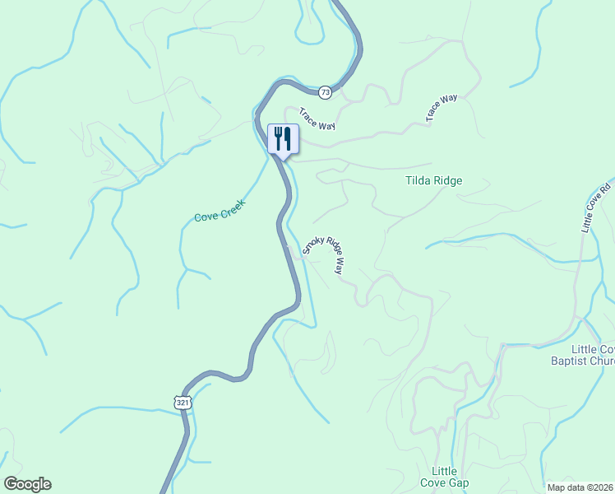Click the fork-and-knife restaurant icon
tap(283, 137)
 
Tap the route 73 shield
tap(326, 92)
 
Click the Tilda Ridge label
tap(433, 180)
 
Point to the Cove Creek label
tap(220, 210)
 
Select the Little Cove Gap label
tap(444, 477)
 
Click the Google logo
tap(27, 484)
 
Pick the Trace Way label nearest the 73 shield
tap(317, 119)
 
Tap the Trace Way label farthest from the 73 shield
tap(442, 109)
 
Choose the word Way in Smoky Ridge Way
tap(338, 266)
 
